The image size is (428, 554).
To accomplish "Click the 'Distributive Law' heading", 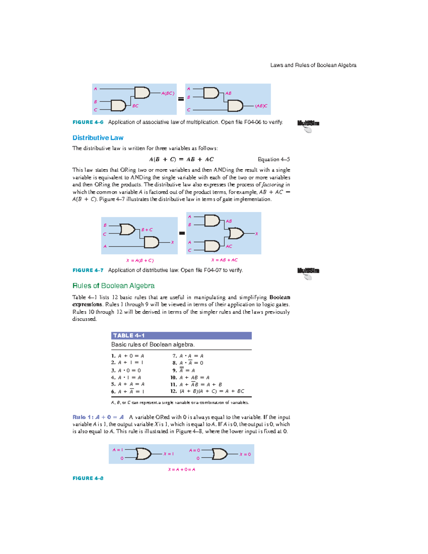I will point(98,138).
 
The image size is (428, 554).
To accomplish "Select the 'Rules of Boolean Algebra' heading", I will point(113,286).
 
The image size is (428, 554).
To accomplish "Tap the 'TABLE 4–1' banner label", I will point(129,336).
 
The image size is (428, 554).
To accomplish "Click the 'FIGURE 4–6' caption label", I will point(88,122).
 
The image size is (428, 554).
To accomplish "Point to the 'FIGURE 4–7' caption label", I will point(88,270).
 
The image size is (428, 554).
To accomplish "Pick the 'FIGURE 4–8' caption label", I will point(88,478).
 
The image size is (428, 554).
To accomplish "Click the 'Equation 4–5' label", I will point(274,159).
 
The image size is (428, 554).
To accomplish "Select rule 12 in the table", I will point(207,391).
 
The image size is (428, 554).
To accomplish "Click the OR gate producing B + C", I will point(127,229).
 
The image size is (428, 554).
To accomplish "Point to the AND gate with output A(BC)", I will point(142,92).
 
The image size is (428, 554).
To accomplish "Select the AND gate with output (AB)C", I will point(235,106).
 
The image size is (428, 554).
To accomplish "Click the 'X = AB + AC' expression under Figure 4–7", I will point(224,260).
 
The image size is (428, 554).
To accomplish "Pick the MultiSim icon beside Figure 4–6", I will point(308,126).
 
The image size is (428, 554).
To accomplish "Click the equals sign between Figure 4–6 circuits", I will point(181,99).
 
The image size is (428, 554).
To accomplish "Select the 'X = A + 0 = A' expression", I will point(182,469).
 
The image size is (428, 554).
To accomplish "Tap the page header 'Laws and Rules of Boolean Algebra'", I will point(313,65).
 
